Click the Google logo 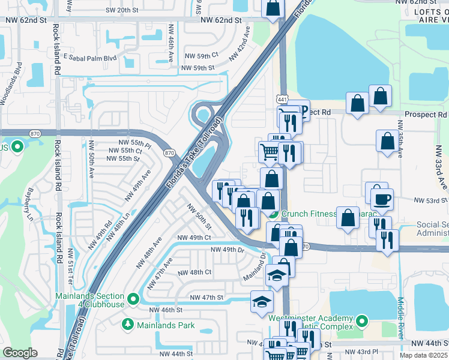coord(20,353)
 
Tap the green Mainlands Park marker coord(127,325)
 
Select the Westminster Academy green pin coord(361,322)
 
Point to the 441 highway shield coord(282,99)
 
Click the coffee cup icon coord(382,199)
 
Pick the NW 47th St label coord(206,298)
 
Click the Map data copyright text coord(423,355)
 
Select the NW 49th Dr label coord(228,249)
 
